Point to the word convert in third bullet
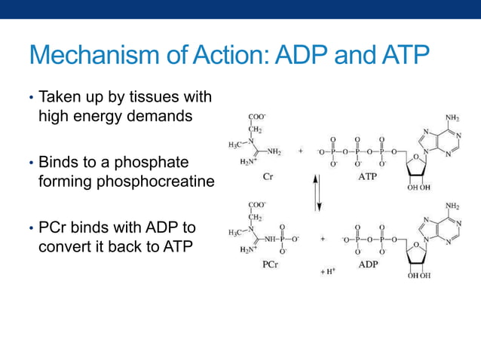pyautogui.click(x=66, y=246)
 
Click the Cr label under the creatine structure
pyautogui.click(x=267, y=177)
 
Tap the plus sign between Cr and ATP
pyautogui.click(x=302, y=151)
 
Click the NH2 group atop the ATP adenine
pyautogui.click(x=452, y=117)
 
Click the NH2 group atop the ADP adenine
pyautogui.click(x=452, y=205)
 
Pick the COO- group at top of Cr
pyautogui.click(x=258, y=117)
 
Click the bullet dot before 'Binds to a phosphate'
pyautogui.click(x=31, y=163)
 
